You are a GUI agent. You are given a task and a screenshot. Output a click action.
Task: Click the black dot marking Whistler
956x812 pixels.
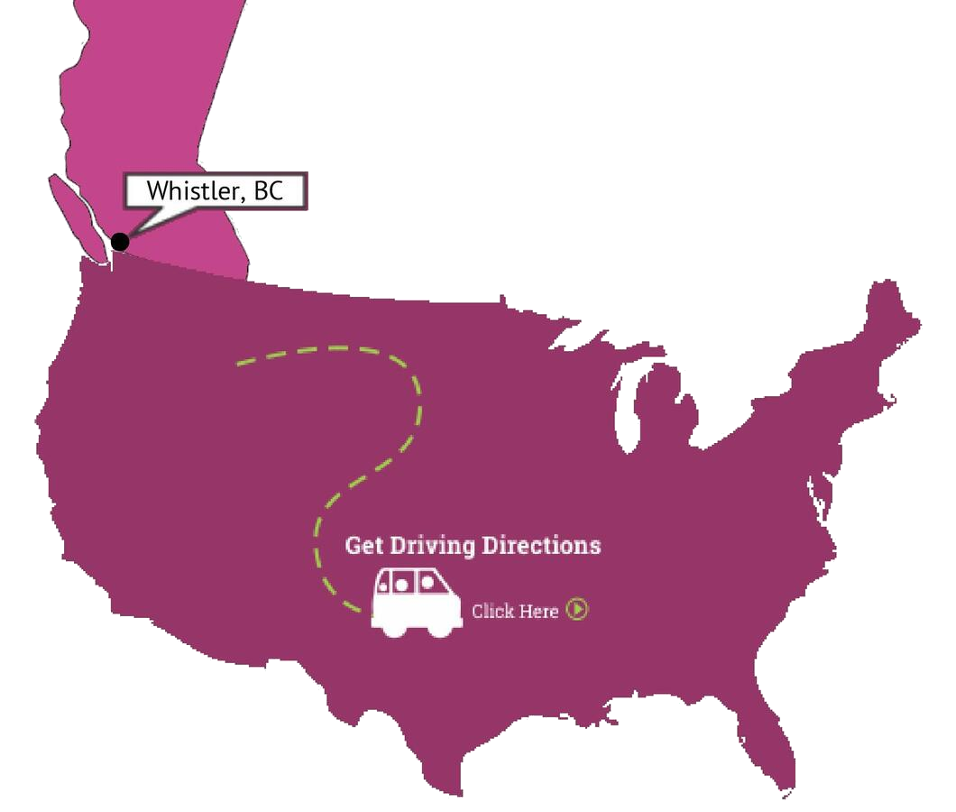(119, 241)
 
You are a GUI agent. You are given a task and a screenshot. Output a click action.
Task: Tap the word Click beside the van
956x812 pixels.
(492, 612)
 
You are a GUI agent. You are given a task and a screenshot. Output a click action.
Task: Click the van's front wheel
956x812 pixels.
(441, 628)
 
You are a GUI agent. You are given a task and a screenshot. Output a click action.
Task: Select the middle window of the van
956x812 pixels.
(406, 583)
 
